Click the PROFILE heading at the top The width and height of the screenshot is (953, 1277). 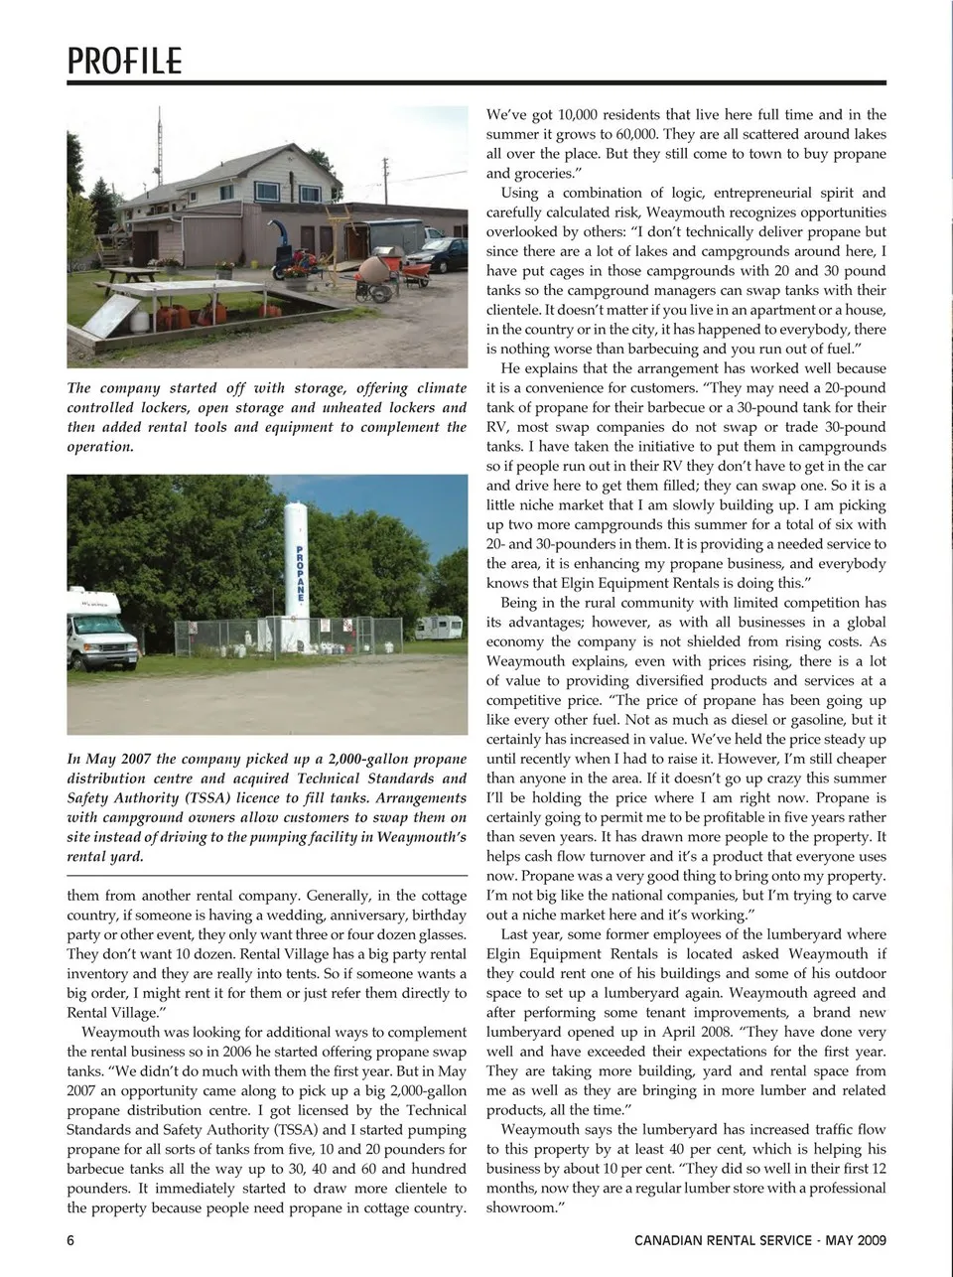click(124, 61)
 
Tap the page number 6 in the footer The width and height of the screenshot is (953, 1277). click(71, 1239)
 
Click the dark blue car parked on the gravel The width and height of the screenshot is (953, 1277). click(444, 254)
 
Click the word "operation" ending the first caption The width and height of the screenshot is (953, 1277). click(99, 447)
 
